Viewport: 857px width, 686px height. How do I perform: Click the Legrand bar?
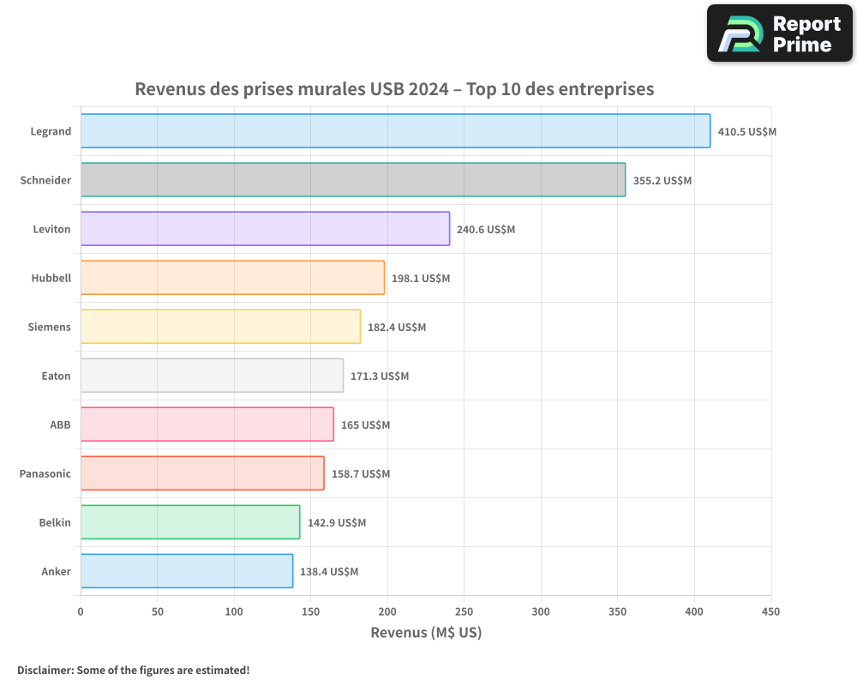(395, 131)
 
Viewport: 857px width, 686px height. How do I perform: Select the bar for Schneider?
(353, 180)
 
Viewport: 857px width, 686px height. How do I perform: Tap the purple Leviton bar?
(265, 229)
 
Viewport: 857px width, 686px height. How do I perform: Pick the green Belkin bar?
(190, 522)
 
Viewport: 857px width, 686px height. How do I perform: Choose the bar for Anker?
(187, 571)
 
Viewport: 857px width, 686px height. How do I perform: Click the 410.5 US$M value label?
(747, 132)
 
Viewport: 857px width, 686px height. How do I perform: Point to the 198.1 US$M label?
(421, 279)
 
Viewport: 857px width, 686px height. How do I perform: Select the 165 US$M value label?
(365, 425)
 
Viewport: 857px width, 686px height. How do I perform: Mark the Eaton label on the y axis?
(57, 376)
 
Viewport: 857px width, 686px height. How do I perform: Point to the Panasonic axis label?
(45, 474)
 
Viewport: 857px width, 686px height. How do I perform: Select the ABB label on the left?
(60, 425)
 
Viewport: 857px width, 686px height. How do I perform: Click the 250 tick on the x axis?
(464, 611)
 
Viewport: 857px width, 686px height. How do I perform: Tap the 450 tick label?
(771, 611)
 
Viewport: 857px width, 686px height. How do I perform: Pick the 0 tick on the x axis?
(81, 611)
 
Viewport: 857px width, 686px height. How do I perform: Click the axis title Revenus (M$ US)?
(426, 633)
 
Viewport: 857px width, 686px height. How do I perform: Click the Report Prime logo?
(780, 34)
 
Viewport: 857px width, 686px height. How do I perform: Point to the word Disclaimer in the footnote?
(45, 670)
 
